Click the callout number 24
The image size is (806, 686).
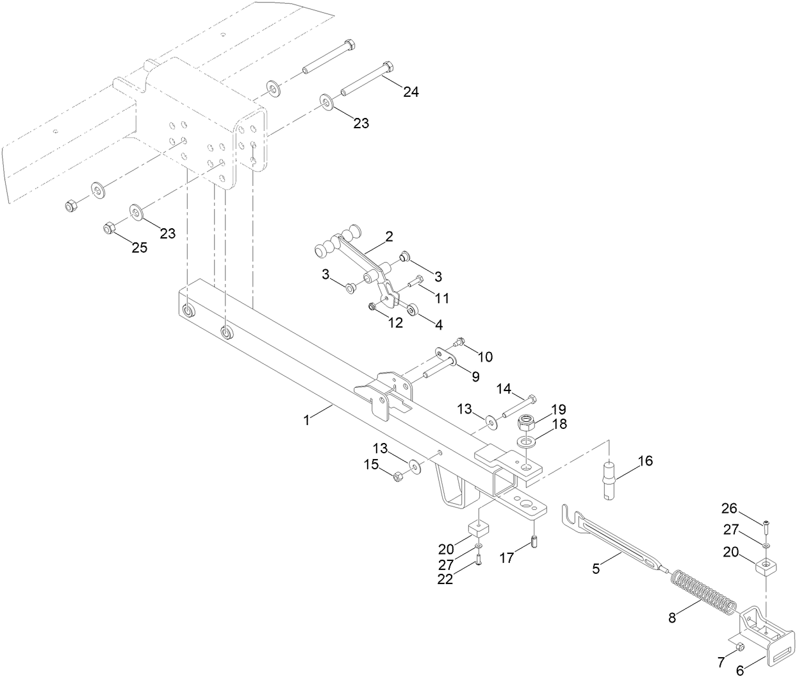coord(411,92)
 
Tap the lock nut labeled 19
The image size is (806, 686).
coord(527,422)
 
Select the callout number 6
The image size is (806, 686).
coord(741,671)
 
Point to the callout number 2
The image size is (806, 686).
coord(389,236)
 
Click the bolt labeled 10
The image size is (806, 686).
coord(459,341)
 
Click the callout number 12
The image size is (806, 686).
coord(395,322)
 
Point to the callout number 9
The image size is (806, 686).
coord(475,376)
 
